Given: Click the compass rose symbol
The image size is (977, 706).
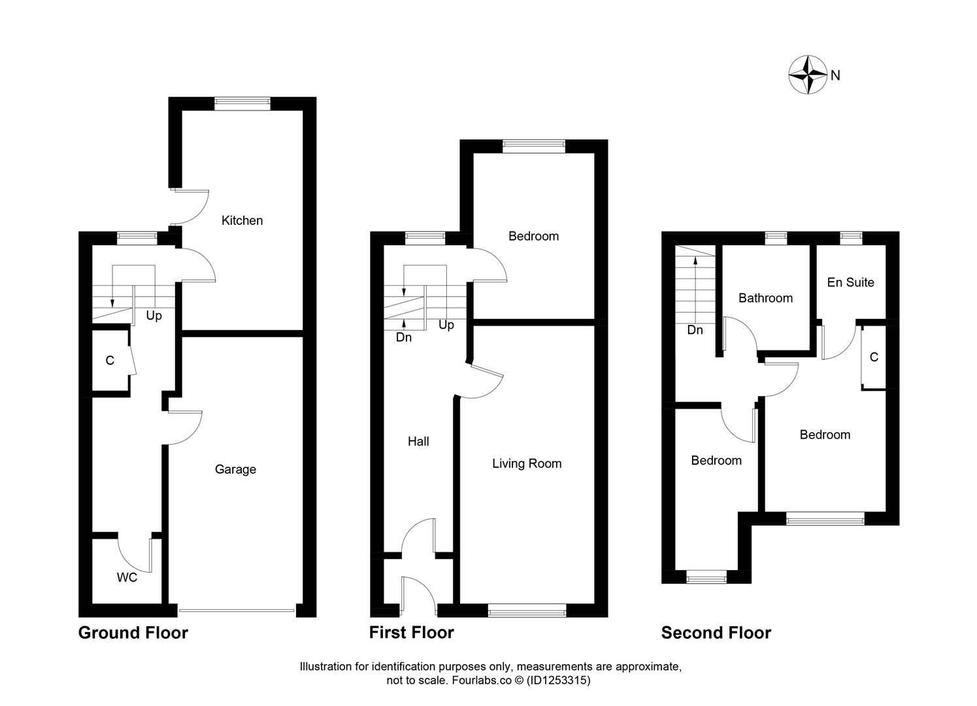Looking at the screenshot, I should [x=809, y=75].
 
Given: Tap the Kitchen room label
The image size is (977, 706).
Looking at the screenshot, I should [x=242, y=220].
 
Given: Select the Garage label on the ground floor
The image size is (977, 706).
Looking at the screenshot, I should [x=235, y=469].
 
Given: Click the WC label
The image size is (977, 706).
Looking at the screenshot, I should [x=127, y=577].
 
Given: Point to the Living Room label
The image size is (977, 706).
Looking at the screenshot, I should [x=527, y=463].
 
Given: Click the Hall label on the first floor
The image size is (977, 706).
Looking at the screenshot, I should [x=418, y=441].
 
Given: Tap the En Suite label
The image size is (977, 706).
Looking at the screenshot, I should [x=850, y=282].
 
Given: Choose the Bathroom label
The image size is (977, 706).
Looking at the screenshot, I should [x=765, y=298].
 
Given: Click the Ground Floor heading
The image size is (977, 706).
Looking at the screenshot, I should [x=133, y=633].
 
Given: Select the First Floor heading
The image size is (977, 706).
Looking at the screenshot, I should [x=412, y=633].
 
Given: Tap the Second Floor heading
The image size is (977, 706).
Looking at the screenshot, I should [x=716, y=633].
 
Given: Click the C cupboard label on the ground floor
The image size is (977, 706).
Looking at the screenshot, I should [x=110, y=361].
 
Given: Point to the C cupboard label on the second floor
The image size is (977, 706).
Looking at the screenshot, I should [x=874, y=358].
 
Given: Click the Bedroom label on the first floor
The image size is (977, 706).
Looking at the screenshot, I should [x=534, y=236].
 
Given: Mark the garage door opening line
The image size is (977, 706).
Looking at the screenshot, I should [x=236, y=611].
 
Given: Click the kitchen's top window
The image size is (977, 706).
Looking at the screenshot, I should [x=242, y=101].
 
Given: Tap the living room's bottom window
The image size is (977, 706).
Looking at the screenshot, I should [x=527, y=612].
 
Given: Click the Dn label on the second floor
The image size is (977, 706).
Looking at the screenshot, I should [x=695, y=330].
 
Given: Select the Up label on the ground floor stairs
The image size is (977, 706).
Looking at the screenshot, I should [x=154, y=316].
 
